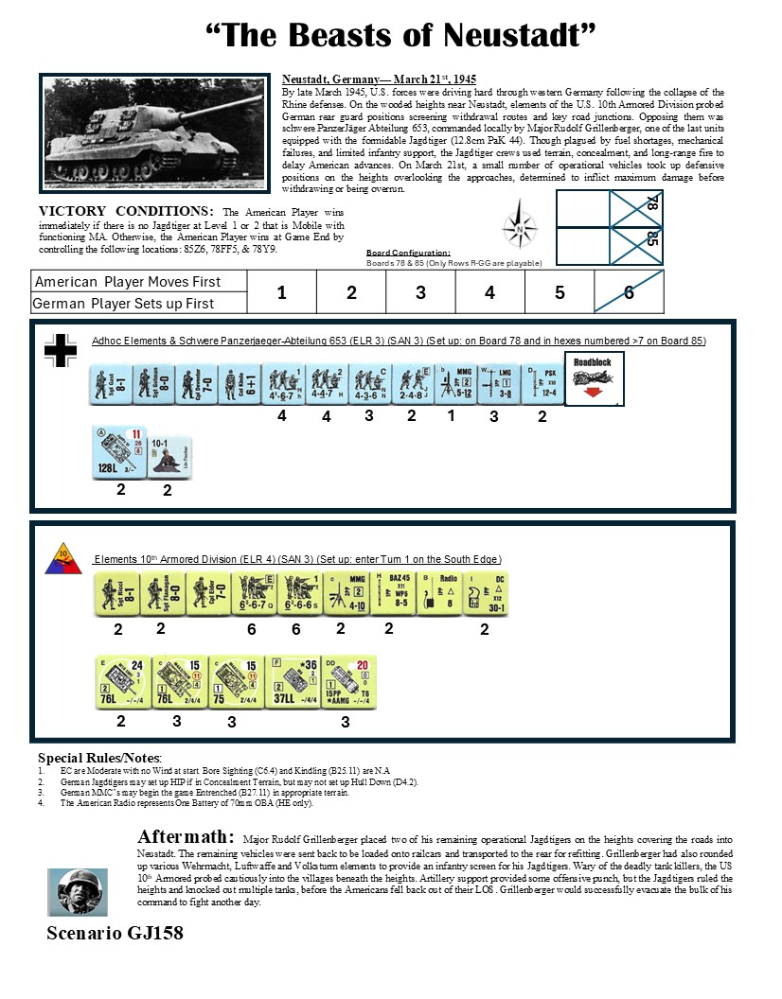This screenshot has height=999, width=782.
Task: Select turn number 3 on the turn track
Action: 420,293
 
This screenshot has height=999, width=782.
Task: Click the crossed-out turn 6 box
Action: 629,293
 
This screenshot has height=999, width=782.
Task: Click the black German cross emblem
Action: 62,350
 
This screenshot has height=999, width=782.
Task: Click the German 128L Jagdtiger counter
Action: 118,453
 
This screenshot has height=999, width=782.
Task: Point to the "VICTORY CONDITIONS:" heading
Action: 124,210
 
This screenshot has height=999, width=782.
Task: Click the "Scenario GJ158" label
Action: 115,933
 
